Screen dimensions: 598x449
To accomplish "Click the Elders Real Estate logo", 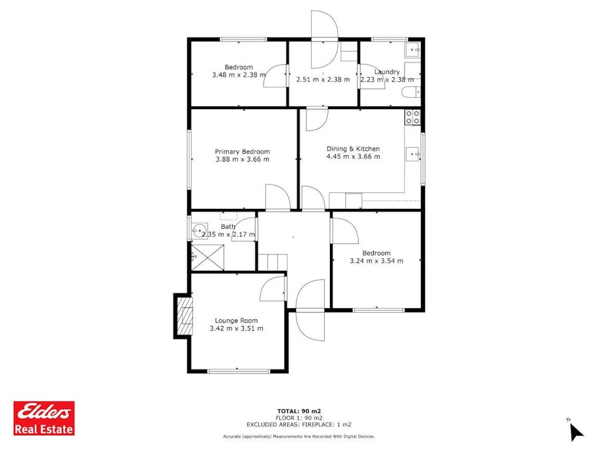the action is click(x=44, y=418).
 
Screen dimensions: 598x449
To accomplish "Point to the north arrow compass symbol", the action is click(x=575, y=431).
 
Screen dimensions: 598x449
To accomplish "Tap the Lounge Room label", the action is click(x=236, y=321).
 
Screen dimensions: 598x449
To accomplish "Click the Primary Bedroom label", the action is click(x=243, y=152).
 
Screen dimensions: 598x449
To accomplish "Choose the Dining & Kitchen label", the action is click(x=353, y=149).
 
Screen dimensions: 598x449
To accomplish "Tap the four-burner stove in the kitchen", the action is click(x=412, y=117).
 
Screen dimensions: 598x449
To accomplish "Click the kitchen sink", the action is click(x=413, y=154).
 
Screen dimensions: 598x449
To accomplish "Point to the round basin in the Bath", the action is click(x=199, y=231).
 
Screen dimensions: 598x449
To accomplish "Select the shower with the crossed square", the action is click(x=208, y=258).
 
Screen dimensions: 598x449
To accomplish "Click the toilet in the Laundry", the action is click(x=412, y=92).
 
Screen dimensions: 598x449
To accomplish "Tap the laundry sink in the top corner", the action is click(x=412, y=50).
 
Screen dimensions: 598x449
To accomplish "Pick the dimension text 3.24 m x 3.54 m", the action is click(x=376, y=261).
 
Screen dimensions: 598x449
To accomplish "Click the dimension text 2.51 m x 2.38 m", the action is click(x=323, y=80).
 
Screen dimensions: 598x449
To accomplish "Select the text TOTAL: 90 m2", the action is click(x=299, y=411).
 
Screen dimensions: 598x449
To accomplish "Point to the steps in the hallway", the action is click(x=273, y=263).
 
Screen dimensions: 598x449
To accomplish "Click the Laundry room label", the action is click(x=386, y=72).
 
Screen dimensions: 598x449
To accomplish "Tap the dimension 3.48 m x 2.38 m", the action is click(x=239, y=75).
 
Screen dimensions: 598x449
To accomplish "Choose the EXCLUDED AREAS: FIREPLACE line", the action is click(x=299, y=424).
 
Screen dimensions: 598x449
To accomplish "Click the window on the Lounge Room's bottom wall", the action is click(x=239, y=371).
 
